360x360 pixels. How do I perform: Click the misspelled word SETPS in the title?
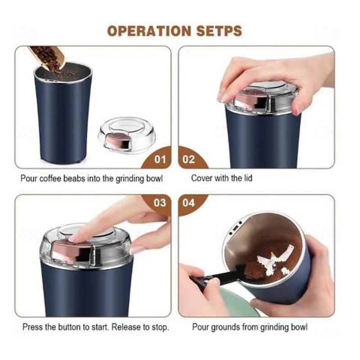[220, 31]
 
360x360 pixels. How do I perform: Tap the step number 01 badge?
[160, 159]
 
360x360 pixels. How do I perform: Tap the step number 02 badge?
[189, 159]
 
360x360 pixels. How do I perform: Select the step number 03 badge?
[160, 202]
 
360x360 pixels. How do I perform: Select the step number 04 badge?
[189, 202]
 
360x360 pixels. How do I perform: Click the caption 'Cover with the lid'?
[221, 178]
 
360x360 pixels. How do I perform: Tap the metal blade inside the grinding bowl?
[273, 261]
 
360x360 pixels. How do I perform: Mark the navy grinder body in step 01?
[63, 117]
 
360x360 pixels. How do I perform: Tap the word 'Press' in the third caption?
[32, 327]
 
